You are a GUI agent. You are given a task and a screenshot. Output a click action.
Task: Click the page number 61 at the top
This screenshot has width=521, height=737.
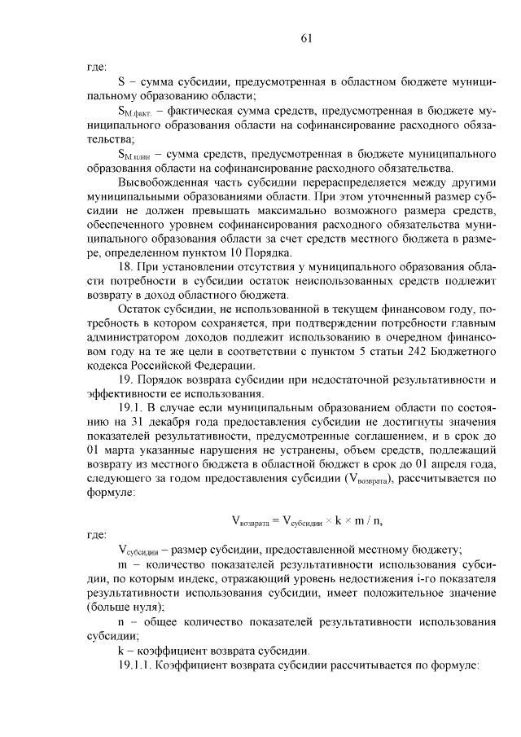[x=306, y=38]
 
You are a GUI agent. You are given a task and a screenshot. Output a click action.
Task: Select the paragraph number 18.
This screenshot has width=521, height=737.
[x=125, y=267]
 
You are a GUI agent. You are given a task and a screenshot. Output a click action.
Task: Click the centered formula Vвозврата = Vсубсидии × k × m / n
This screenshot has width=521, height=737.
[x=307, y=520]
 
